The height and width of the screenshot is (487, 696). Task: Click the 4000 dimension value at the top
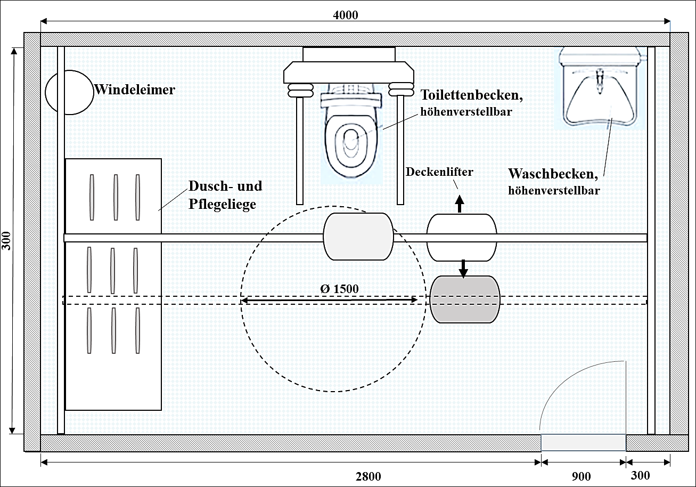345,15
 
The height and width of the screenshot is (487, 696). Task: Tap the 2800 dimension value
368,476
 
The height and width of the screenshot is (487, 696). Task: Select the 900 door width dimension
580,476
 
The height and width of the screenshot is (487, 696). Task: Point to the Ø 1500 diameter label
339,288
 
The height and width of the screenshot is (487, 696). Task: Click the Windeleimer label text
135,90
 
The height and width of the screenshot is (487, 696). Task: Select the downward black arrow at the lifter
463,268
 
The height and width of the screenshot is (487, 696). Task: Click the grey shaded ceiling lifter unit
465,299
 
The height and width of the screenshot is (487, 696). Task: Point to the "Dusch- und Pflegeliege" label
225,194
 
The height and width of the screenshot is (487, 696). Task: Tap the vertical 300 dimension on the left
6,241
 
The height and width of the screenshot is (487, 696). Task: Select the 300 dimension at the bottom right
640,475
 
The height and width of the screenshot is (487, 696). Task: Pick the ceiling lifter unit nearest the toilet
358,237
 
